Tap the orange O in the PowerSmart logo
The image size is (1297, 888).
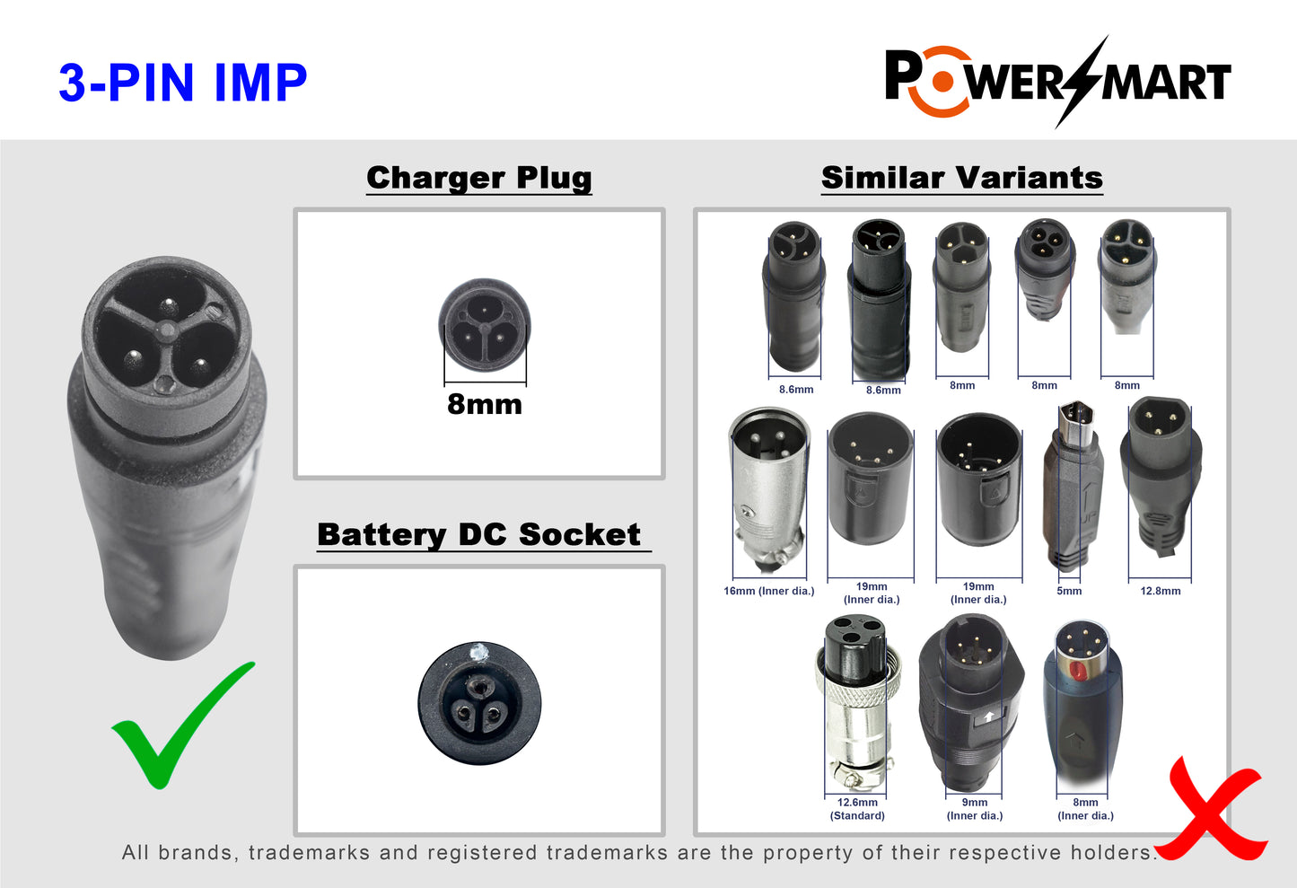coord(942,82)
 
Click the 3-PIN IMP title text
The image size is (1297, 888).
coord(183,83)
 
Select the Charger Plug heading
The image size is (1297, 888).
coord(479,178)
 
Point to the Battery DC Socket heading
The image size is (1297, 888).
coord(479,534)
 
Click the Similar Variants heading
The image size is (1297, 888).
coord(961,178)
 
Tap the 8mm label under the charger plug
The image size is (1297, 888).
coord(485,404)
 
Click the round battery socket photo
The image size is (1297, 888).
coord(479,703)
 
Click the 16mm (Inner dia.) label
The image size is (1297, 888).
coord(769,591)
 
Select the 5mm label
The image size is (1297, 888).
coord(1069,591)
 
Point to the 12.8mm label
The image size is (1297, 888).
coord(1161,591)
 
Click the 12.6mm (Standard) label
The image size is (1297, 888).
coord(857,809)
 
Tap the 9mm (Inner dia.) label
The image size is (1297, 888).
coord(975,809)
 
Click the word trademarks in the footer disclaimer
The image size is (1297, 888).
coord(309,853)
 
